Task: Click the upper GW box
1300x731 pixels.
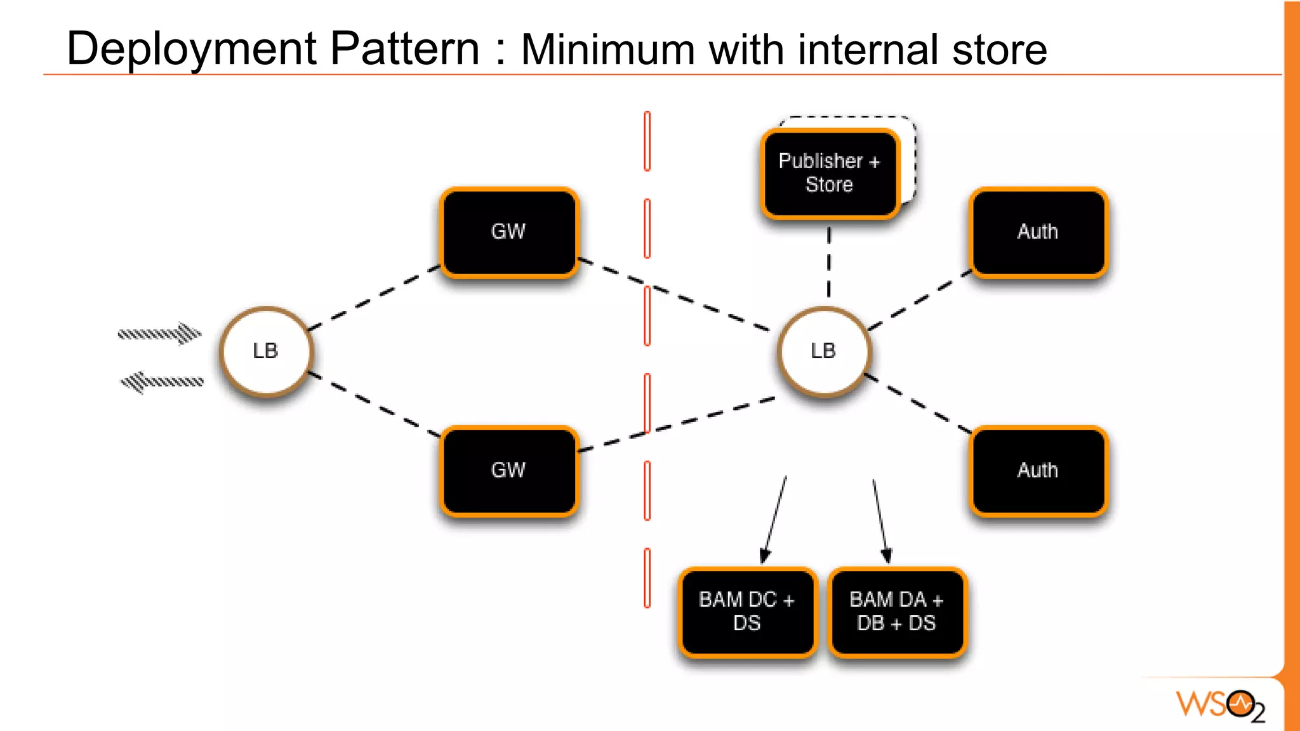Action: pos(509,232)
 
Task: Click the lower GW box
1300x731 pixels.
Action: pos(509,471)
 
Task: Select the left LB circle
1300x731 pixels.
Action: pos(266,351)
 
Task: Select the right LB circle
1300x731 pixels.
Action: pos(824,351)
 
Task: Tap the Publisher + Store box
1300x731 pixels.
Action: pos(830,173)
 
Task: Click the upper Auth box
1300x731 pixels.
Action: pos(1038,232)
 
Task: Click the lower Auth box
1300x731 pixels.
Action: pos(1038,471)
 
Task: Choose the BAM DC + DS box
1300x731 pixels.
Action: pos(747,612)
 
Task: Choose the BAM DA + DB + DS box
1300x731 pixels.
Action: pos(897,612)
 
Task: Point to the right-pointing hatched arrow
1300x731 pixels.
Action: pos(160,333)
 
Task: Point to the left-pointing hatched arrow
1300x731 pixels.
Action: pos(162,382)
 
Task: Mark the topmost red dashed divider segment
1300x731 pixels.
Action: pos(647,141)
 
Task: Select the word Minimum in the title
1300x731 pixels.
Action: pos(607,50)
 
